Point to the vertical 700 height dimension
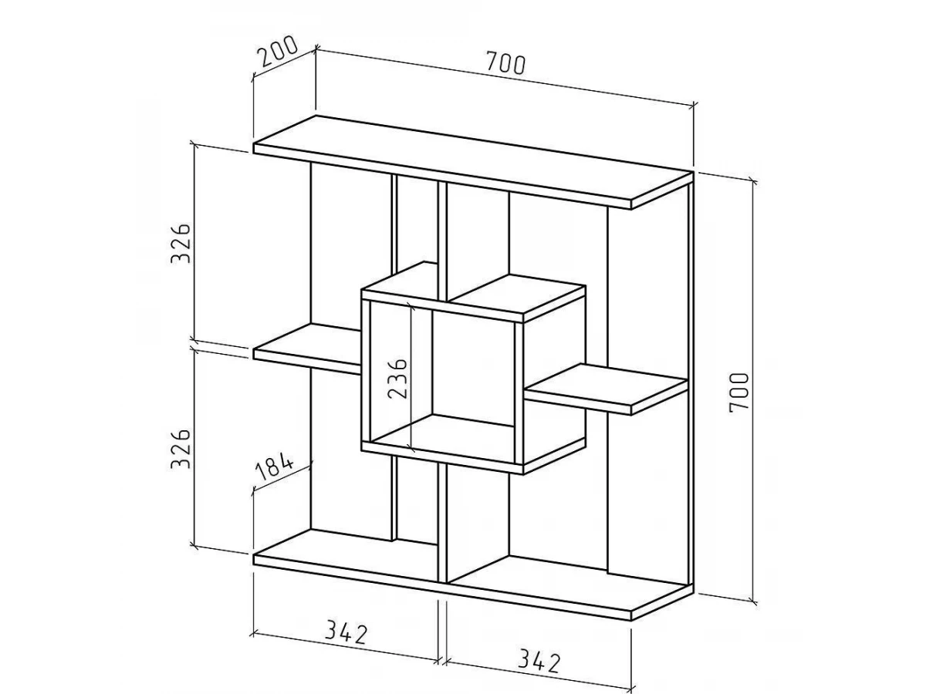pyautogui.click(x=738, y=392)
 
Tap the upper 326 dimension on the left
pyautogui.click(x=181, y=243)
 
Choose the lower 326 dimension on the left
pyautogui.click(x=181, y=449)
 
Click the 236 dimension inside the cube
pyautogui.click(x=397, y=377)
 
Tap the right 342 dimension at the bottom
pyautogui.click(x=538, y=661)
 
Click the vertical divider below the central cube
pyautogui.click(x=443, y=523)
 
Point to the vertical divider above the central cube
pyautogui.click(x=443, y=239)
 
